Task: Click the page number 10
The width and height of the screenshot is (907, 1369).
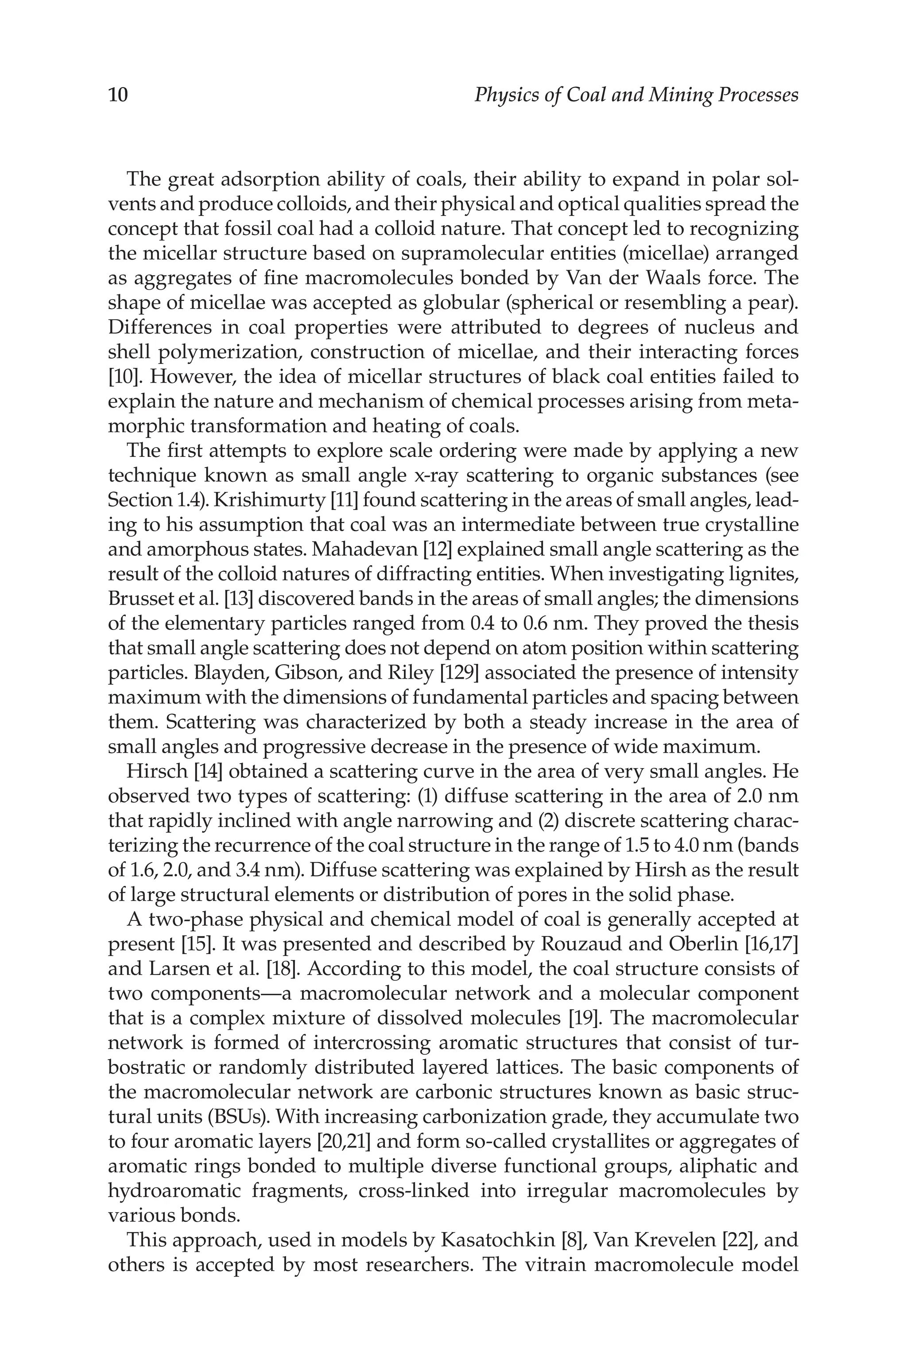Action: pyautogui.click(x=118, y=95)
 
